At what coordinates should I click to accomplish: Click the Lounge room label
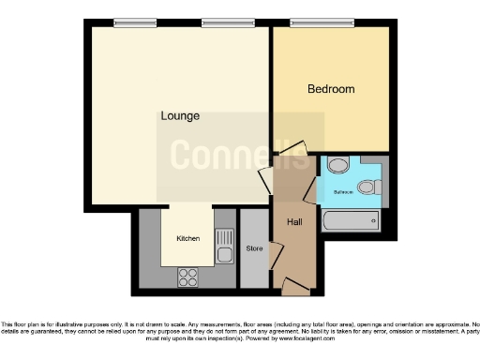pos(178,116)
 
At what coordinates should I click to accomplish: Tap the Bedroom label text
pos(332,89)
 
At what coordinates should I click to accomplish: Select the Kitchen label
pos(188,238)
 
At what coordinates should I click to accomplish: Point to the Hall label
pos(294,221)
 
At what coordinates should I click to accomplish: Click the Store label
pos(253,249)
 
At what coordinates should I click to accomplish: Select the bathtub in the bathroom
pos(352,222)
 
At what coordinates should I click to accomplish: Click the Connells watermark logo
pos(239,155)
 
